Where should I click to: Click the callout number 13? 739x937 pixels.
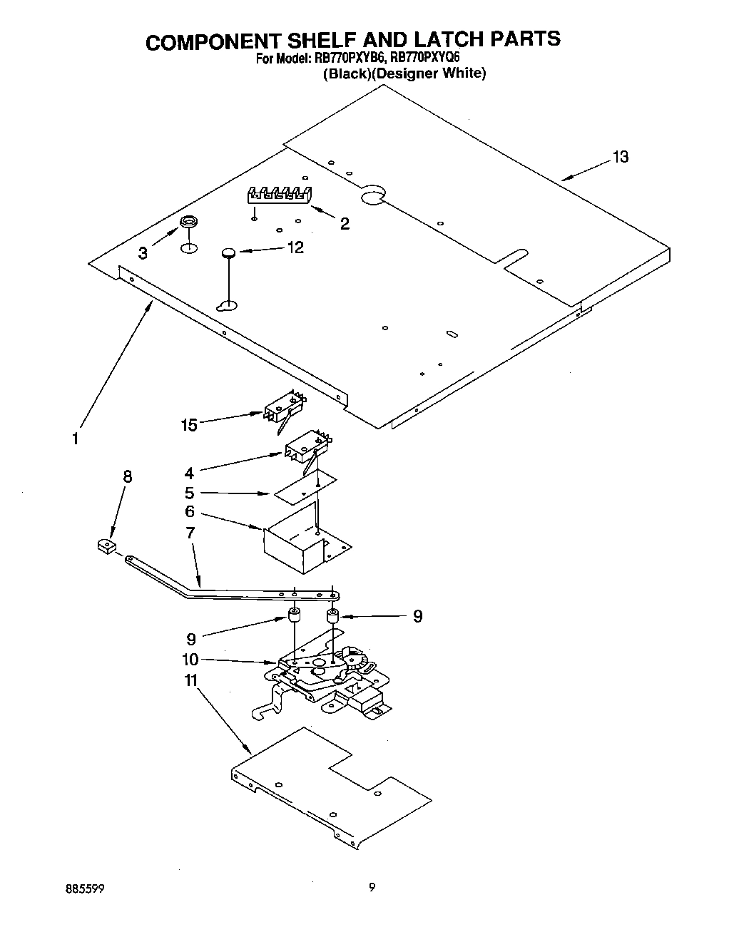[620, 157]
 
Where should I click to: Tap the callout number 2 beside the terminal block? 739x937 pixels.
[345, 224]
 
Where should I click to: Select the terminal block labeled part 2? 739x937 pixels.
[280, 194]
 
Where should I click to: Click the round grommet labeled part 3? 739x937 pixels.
[188, 223]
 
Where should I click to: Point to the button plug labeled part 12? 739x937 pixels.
[228, 251]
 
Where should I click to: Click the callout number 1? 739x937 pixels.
[76, 439]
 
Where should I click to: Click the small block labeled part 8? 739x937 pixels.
[106, 546]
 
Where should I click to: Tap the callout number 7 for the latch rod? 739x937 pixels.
[190, 533]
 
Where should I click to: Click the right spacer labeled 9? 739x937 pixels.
[332, 615]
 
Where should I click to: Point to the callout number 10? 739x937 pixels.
[190, 660]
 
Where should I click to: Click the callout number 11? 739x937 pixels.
[190, 681]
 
